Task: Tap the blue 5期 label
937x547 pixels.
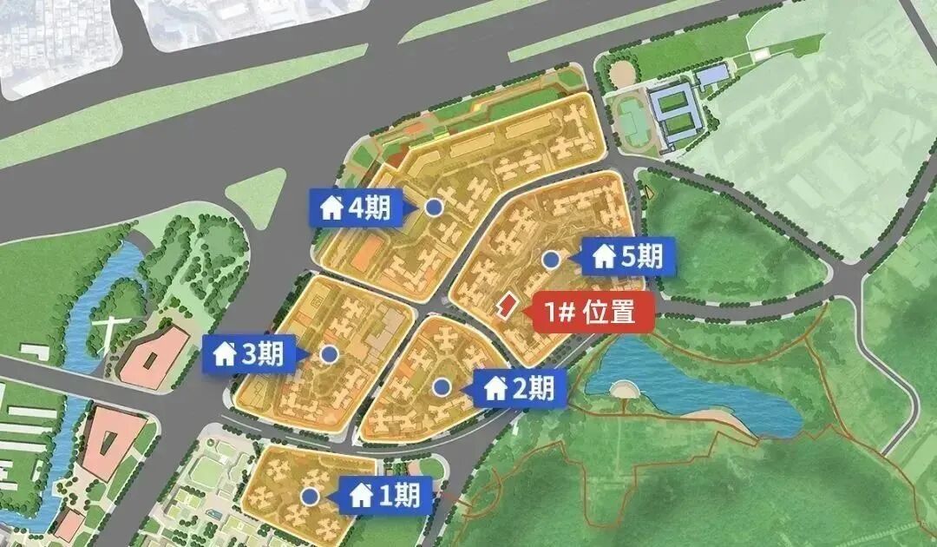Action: (630, 257)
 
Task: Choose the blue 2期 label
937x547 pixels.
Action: (520, 389)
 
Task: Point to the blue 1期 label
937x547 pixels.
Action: (386, 496)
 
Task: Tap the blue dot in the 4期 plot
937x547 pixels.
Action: (434, 208)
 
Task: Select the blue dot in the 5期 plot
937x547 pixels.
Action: (550, 259)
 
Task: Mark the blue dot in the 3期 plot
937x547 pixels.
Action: (329, 354)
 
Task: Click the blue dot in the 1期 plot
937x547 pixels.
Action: (310, 496)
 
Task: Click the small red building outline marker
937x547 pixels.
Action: (505, 303)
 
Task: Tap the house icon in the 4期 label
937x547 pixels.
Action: (331, 209)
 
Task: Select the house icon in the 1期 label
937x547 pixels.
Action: (361, 497)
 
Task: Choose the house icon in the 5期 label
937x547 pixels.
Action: (604, 257)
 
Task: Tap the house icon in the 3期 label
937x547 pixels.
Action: (225, 354)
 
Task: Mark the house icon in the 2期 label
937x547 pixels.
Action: (495, 390)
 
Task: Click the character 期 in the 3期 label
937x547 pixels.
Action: (271, 354)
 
